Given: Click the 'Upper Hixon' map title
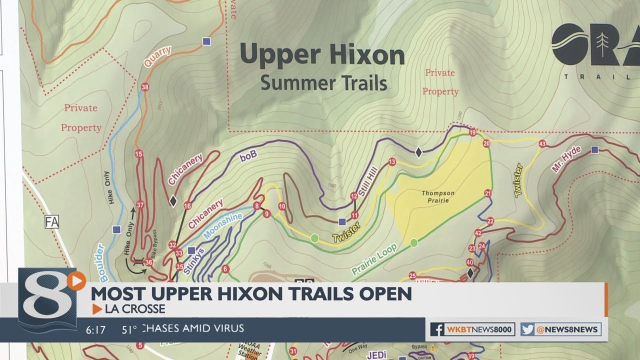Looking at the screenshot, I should point(322,55).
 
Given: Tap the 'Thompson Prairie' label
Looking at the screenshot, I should point(437,197).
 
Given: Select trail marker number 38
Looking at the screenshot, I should point(145,87).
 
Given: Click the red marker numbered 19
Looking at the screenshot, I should point(472,132).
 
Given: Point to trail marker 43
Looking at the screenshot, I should point(542,144).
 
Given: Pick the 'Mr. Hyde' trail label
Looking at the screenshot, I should point(566,159).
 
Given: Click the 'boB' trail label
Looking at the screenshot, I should point(248,155).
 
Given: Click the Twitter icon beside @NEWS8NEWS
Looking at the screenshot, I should point(527,329).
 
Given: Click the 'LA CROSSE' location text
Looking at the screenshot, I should point(134,309).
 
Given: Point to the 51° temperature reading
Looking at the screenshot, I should point(129,329).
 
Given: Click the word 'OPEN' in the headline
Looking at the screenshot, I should point(386,294).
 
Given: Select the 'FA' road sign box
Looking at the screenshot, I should point(51,221).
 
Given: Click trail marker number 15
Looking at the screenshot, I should point(138,153).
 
